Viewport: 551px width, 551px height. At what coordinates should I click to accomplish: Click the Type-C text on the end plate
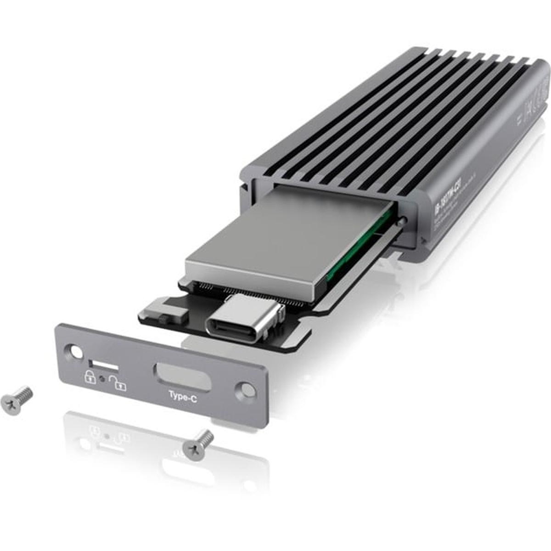183,396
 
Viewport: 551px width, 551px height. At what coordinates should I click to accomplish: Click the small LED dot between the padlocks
102,379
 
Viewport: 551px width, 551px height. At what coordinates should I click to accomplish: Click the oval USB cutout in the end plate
182,376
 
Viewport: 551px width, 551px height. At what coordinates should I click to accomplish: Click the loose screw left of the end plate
17,400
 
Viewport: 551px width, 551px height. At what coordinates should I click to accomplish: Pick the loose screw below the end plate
198,444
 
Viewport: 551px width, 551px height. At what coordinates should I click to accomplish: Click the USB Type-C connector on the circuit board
243,319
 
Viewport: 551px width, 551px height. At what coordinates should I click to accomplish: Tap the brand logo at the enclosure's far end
537,92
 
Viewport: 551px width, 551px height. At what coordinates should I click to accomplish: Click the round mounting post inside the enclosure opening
402,220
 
